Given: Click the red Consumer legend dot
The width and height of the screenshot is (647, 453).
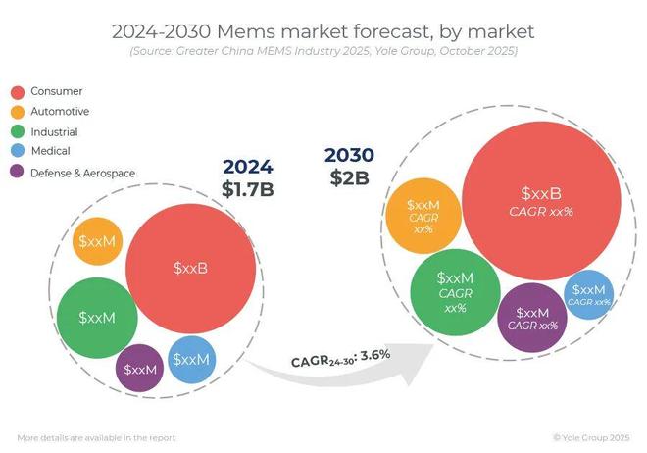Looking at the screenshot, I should tap(18, 91).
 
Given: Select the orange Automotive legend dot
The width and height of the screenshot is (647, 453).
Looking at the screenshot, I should tap(18, 112).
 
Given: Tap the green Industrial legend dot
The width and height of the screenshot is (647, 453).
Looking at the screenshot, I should tap(18, 131).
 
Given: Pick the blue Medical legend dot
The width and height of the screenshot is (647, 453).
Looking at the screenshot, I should tap(18, 152).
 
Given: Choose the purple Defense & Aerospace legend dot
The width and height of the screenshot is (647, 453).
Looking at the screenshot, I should tap(18, 173).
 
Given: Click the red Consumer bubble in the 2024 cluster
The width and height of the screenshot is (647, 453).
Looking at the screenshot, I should tap(192, 268).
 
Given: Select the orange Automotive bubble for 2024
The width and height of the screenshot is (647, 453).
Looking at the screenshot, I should tap(97, 241).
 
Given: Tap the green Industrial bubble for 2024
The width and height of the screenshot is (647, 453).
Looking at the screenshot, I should tap(96, 317).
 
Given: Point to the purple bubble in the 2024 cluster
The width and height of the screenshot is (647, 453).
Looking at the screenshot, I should tap(139, 370).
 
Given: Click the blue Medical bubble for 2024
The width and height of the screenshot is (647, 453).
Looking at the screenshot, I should tap(191, 359).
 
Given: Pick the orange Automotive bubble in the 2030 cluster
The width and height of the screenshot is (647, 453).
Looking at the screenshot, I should tap(423, 217).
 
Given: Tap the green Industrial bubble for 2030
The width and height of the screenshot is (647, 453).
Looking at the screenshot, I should tap(454, 292).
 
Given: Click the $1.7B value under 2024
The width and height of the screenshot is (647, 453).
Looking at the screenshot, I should tap(247, 188).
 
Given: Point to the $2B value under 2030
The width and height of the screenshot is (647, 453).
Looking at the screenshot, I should tap(350, 177).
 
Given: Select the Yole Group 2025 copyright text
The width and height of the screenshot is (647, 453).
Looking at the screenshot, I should tap(594, 437).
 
